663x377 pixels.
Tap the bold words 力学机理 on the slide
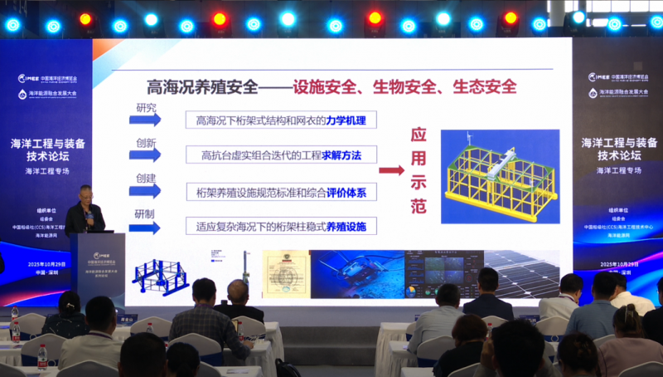tap(350, 121)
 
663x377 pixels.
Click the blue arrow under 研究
tap(144, 120)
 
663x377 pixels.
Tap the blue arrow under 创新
tap(144, 155)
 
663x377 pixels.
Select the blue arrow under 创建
tap(144, 191)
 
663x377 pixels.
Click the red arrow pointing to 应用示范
tap(391, 170)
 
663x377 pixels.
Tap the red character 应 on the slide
tap(419, 136)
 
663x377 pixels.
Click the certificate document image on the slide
tap(286, 272)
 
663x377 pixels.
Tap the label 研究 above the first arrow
tap(145, 108)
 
